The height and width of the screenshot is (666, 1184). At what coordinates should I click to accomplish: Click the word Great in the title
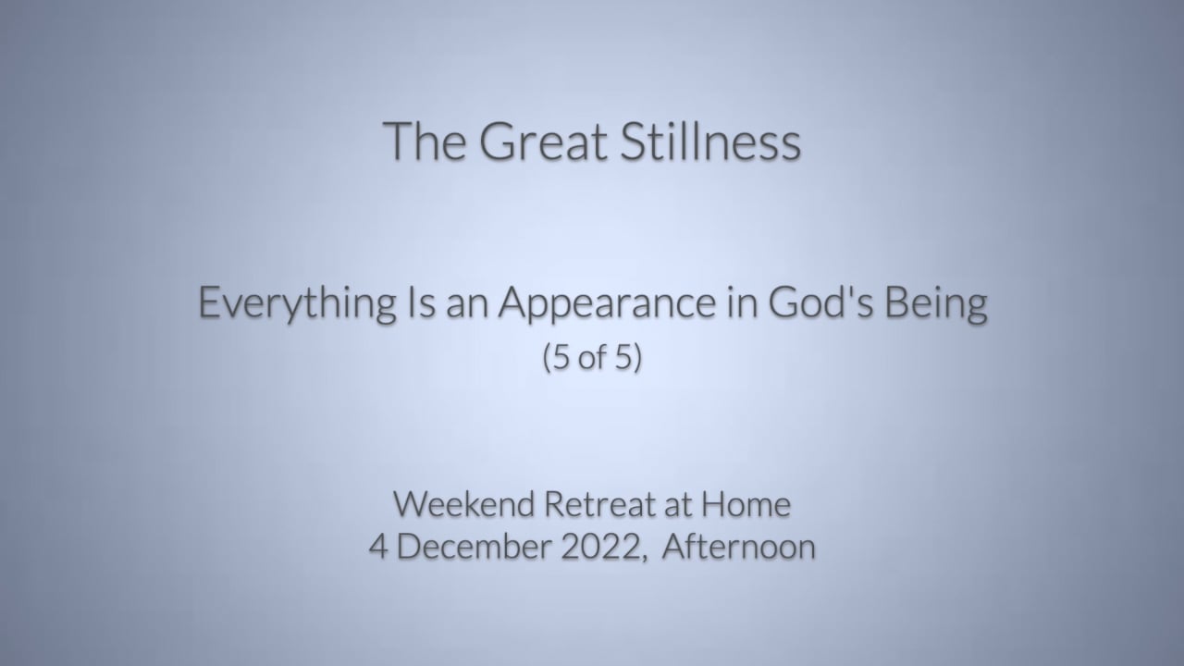coord(543,142)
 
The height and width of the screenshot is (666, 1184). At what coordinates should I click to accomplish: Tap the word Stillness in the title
coord(711,141)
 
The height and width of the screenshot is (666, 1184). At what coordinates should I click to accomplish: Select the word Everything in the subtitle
coord(297,304)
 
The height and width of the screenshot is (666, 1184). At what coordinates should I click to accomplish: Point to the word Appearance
coord(608,304)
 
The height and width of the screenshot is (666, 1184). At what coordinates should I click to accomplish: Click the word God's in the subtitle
coord(820,302)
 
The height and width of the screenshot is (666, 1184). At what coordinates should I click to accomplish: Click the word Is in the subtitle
coord(421,302)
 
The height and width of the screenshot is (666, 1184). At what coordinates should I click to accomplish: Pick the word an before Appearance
coord(467,306)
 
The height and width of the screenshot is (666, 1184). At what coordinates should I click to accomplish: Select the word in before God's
coord(743,302)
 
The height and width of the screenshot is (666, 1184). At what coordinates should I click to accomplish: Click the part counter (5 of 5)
coord(592,357)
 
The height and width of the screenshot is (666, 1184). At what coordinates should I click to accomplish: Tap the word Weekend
coord(464,504)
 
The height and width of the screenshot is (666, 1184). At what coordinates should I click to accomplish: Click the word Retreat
coord(599,504)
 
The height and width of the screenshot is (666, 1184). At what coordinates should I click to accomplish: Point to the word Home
coord(746,504)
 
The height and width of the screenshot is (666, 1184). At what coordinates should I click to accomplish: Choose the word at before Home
coord(678,505)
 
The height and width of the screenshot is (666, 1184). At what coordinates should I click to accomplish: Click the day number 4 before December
coord(377,547)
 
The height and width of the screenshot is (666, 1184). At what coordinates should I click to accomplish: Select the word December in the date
coord(475,547)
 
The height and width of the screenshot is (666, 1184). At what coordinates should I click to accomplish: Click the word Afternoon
coord(739,547)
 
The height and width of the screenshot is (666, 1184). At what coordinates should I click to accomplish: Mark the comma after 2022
coord(645,559)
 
